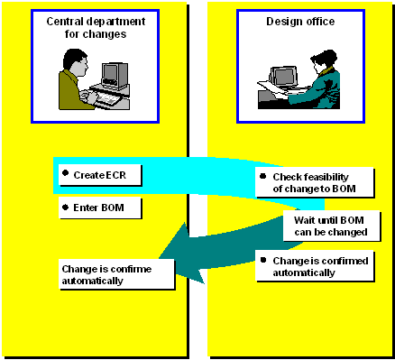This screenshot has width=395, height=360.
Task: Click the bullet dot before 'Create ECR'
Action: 66,171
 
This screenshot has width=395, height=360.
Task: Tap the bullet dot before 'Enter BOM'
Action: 66,207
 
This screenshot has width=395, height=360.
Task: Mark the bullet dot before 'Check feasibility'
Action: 263,176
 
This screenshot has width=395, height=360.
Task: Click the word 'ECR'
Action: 110,173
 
